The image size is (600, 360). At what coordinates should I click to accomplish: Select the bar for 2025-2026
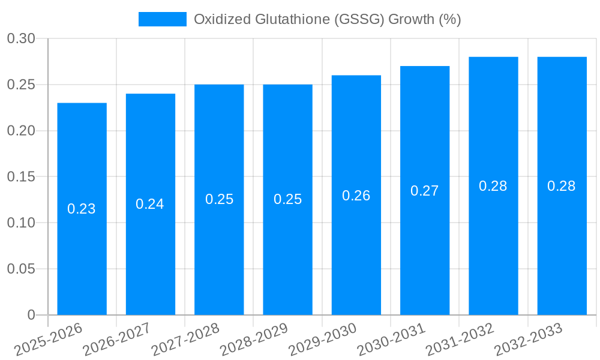click(x=82, y=209)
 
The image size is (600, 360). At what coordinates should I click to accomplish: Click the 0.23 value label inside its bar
click(x=82, y=209)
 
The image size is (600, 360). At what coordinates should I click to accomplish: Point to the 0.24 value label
click(x=150, y=204)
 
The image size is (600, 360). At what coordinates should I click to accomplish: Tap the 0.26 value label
click(x=356, y=196)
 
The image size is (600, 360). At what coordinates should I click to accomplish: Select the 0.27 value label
click(x=425, y=191)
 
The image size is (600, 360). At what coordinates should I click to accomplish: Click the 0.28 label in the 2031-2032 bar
click(x=493, y=186)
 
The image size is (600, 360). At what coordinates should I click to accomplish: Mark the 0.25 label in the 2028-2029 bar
click(x=287, y=199)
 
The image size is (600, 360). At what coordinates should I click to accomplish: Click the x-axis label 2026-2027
click(x=116, y=340)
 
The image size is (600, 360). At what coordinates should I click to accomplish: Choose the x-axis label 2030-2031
click(x=391, y=340)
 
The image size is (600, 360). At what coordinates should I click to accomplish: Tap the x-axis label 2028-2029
click(x=254, y=340)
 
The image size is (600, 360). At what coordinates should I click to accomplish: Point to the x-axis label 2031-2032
click(x=459, y=340)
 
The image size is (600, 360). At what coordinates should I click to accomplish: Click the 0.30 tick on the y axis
click(x=21, y=39)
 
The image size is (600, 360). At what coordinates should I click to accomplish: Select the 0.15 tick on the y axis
click(x=21, y=177)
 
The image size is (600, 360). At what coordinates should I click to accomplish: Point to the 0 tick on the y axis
click(x=31, y=315)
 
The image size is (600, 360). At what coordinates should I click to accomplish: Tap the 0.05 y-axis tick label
click(x=21, y=269)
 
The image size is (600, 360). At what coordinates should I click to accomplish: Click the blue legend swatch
click(x=162, y=19)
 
